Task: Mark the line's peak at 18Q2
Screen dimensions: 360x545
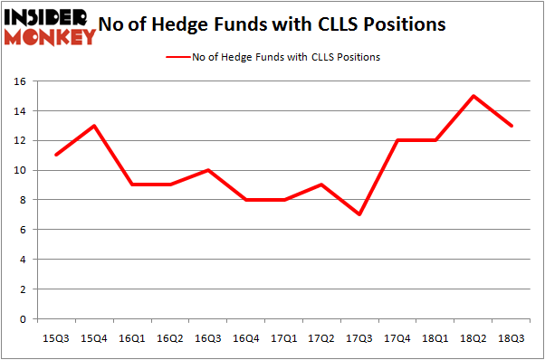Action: point(473,96)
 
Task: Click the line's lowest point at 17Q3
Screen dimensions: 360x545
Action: point(359,215)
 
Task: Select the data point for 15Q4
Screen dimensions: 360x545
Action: point(94,126)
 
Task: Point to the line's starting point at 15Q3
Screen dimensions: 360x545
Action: point(56,156)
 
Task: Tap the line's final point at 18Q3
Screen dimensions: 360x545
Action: point(512,126)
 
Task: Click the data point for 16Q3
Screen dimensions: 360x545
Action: point(208,170)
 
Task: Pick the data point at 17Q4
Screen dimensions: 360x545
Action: point(397,140)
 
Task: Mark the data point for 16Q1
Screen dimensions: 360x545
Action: point(132,185)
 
